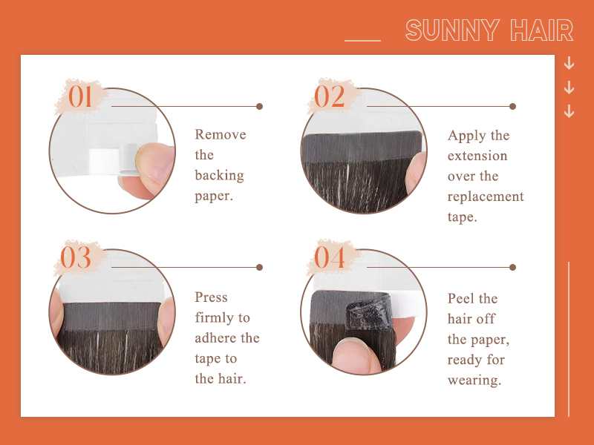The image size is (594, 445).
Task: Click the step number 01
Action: [x=81, y=97]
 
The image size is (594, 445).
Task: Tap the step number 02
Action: [x=330, y=97]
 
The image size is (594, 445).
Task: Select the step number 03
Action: [x=76, y=258]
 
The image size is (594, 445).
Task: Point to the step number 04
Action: [x=330, y=258]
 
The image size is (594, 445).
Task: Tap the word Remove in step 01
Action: [x=220, y=135]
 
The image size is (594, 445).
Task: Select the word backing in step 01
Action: [x=219, y=176]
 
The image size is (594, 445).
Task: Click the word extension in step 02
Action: [x=477, y=156]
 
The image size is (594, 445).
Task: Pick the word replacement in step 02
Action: [x=486, y=197]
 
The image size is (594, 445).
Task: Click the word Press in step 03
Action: [x=211, y=297]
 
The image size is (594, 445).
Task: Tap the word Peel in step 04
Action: [x=461, y=299]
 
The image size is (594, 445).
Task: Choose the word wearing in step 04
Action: [x=474, y=380]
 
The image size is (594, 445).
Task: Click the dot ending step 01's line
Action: [x=259, y=106]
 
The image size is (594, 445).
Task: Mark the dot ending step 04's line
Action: [x=512, y=267]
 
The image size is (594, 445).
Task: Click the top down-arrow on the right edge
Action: [x=569, y=63]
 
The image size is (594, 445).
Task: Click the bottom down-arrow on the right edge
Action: [x=569, y=111]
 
